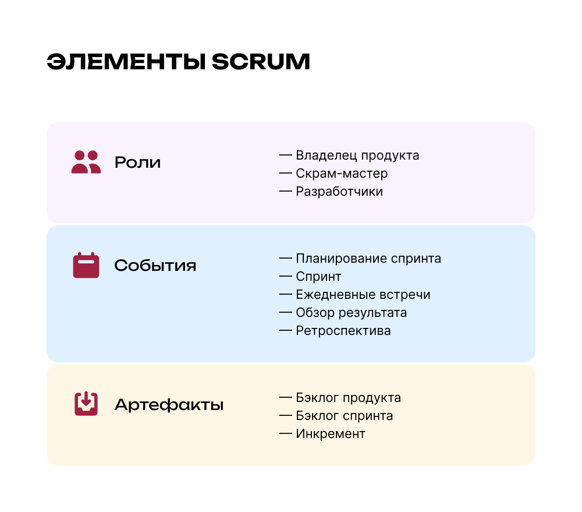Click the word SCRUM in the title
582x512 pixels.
(261, 62)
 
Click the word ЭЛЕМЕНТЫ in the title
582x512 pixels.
(126, 62)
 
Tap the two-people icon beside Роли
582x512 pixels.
(86, 162)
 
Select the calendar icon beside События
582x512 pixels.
(86, 265)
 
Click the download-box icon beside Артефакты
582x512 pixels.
(86, 404)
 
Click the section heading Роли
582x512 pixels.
(138, 163)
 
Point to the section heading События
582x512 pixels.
(155, 265)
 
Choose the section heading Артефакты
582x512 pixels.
(169, 405)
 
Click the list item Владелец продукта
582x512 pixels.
(357, 156)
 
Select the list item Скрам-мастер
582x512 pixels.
(342, 174)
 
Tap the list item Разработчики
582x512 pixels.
(339, 192)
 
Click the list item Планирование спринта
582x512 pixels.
(368, 259)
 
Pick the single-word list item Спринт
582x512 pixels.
(318, 277)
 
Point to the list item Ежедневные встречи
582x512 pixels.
(363, 295)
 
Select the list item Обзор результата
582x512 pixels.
(351, 313)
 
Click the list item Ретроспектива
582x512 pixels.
(343, 331)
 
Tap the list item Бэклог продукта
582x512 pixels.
(348, 398)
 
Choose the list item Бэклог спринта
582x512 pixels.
(345, 416)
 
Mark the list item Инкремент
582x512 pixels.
(331, 434)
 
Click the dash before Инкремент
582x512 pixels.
(285, 433)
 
